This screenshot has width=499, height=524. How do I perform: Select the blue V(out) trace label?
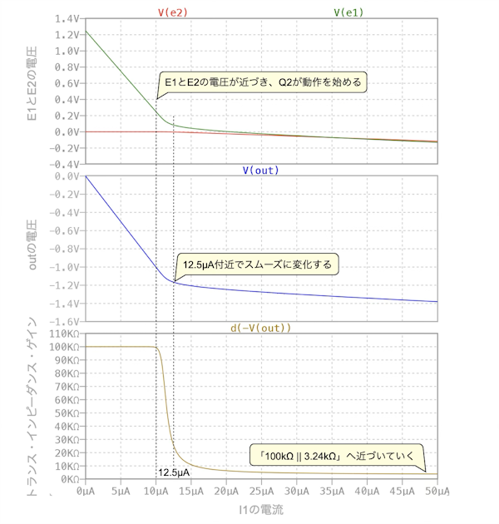[260, 171]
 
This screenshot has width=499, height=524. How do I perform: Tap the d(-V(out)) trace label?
[260, 328]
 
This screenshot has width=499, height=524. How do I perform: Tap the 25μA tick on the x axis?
[261, 492]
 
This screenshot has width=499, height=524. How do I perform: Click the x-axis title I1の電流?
[261, 509]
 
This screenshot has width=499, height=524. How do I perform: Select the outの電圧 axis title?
[33, 247]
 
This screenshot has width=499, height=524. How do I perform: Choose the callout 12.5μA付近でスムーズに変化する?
[257, 264]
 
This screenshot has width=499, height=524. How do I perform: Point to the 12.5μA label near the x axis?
[174, 472]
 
